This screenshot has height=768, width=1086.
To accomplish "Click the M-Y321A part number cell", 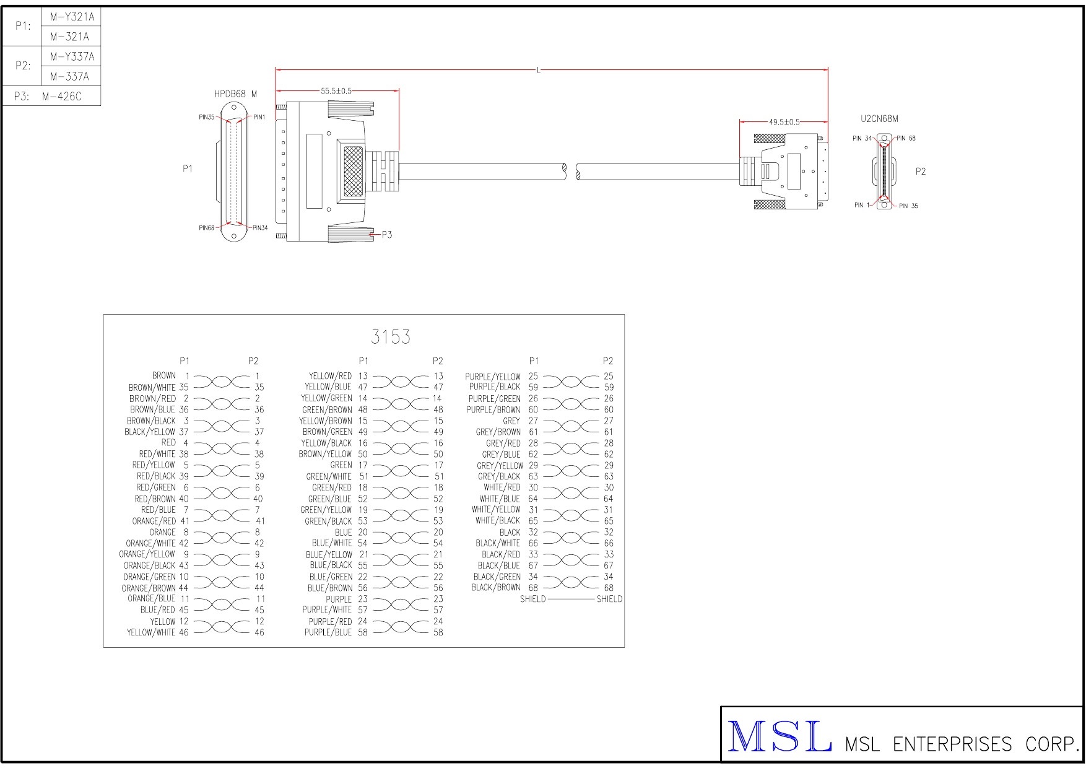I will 72,17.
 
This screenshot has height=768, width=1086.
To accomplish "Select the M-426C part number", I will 62,97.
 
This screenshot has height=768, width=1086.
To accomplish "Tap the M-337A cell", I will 69,77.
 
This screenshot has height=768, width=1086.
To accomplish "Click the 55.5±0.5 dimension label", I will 336,91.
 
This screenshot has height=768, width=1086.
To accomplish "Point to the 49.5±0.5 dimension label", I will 784,122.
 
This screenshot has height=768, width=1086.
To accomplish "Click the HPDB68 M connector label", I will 235,94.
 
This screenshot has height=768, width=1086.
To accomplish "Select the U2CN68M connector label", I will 879,119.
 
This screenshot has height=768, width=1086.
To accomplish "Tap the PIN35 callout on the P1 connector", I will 207,117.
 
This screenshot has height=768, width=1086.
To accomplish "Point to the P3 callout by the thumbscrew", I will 386,235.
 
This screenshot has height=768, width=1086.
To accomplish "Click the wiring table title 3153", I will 391,337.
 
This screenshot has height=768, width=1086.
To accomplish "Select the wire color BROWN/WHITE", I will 152,388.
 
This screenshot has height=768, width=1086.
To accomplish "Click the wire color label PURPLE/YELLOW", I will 493,377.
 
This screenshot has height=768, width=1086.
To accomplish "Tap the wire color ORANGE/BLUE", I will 152,599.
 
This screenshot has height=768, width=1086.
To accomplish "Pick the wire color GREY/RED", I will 503,443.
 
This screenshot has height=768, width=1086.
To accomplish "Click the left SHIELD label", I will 532,599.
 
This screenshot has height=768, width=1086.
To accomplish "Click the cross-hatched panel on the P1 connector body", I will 353,172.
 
